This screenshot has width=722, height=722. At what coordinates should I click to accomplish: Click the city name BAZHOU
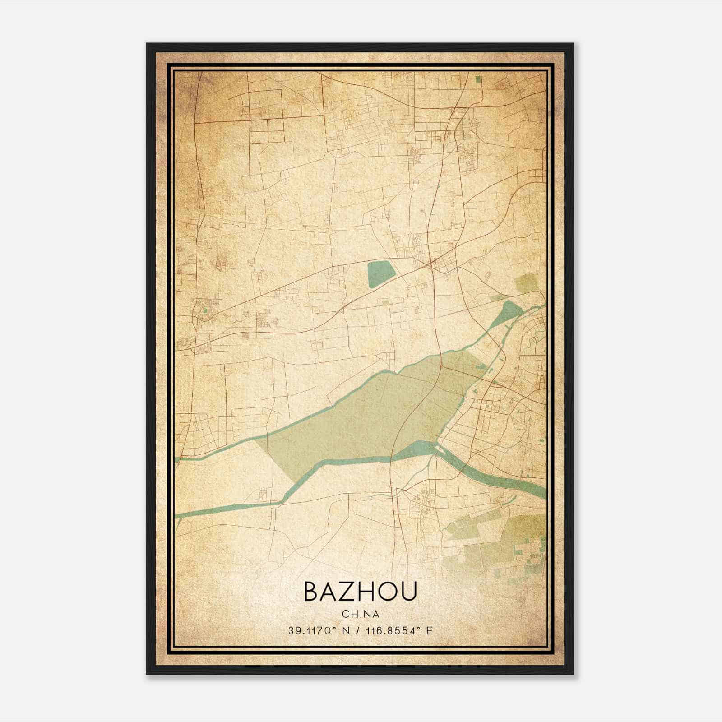coord(360,592)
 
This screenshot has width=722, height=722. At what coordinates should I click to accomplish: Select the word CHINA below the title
coord(360,614)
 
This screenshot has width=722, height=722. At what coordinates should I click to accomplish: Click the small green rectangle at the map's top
coord(478,80)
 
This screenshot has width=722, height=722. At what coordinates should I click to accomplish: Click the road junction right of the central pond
coord(431,262)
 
